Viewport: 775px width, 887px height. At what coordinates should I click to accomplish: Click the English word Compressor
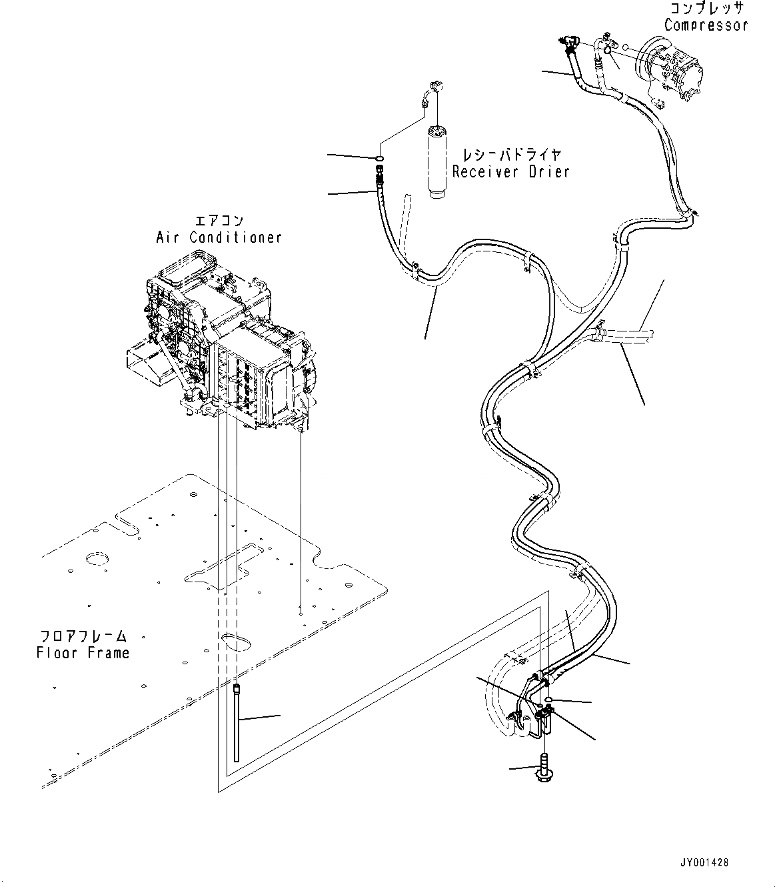706,25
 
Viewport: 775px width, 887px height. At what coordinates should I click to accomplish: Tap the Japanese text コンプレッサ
706,9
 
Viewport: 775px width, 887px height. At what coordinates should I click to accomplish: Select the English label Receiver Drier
510,172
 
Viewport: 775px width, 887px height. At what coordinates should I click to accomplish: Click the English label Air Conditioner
219,237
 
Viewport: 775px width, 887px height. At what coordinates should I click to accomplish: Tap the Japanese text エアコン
219,221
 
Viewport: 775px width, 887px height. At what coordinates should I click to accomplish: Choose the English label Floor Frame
83,653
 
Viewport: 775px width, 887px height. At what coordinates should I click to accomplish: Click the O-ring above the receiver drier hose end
379,158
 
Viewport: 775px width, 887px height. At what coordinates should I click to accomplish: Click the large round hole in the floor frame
97,558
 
